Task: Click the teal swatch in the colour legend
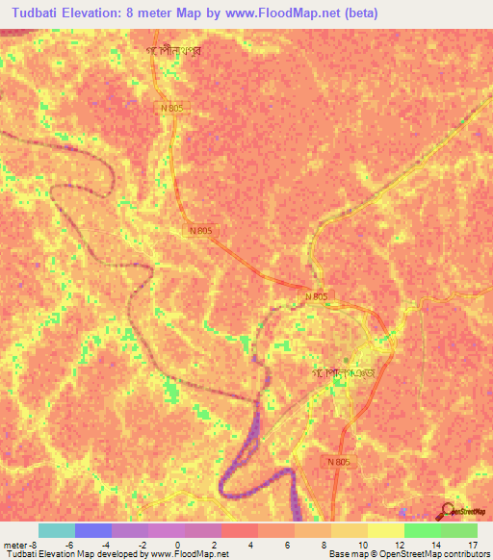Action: point(57,530)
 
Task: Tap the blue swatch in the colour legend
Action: point(93,530)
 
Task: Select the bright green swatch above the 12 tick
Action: point(422,530)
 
